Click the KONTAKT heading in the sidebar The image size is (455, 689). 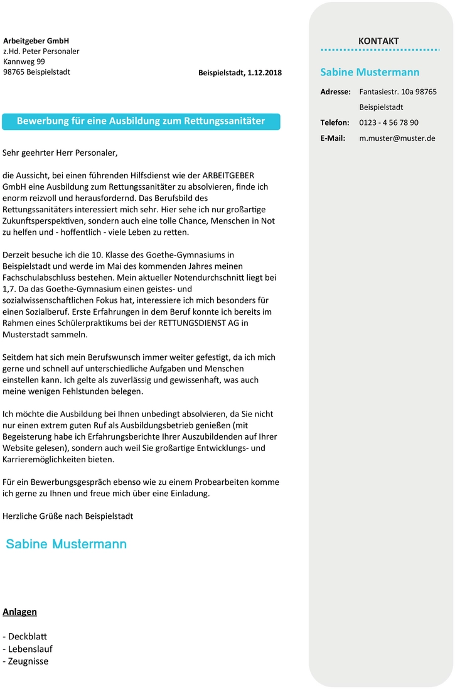[x=378, y=41]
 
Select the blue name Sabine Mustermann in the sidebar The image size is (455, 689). [x=370, y=72]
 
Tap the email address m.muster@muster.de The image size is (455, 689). [x=397, y=138]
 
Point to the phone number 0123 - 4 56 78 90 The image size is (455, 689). [x=388, y=122]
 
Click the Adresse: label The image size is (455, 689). [x=335, y=92]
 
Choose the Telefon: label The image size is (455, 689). [x=335, y=122]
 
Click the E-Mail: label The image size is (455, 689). [x=333, y=138]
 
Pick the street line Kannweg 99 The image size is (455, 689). [x=24, y=62]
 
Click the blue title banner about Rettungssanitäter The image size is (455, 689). [x=141, y=121]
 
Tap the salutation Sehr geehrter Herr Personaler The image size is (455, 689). [x=60, y=152]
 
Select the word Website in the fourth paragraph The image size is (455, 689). [x=18, y=448]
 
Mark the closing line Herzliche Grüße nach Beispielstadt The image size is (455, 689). [x=68, y=516]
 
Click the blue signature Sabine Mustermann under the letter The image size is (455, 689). [x=67, y=544]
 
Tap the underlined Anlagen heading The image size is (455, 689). [x=19, y=612]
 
